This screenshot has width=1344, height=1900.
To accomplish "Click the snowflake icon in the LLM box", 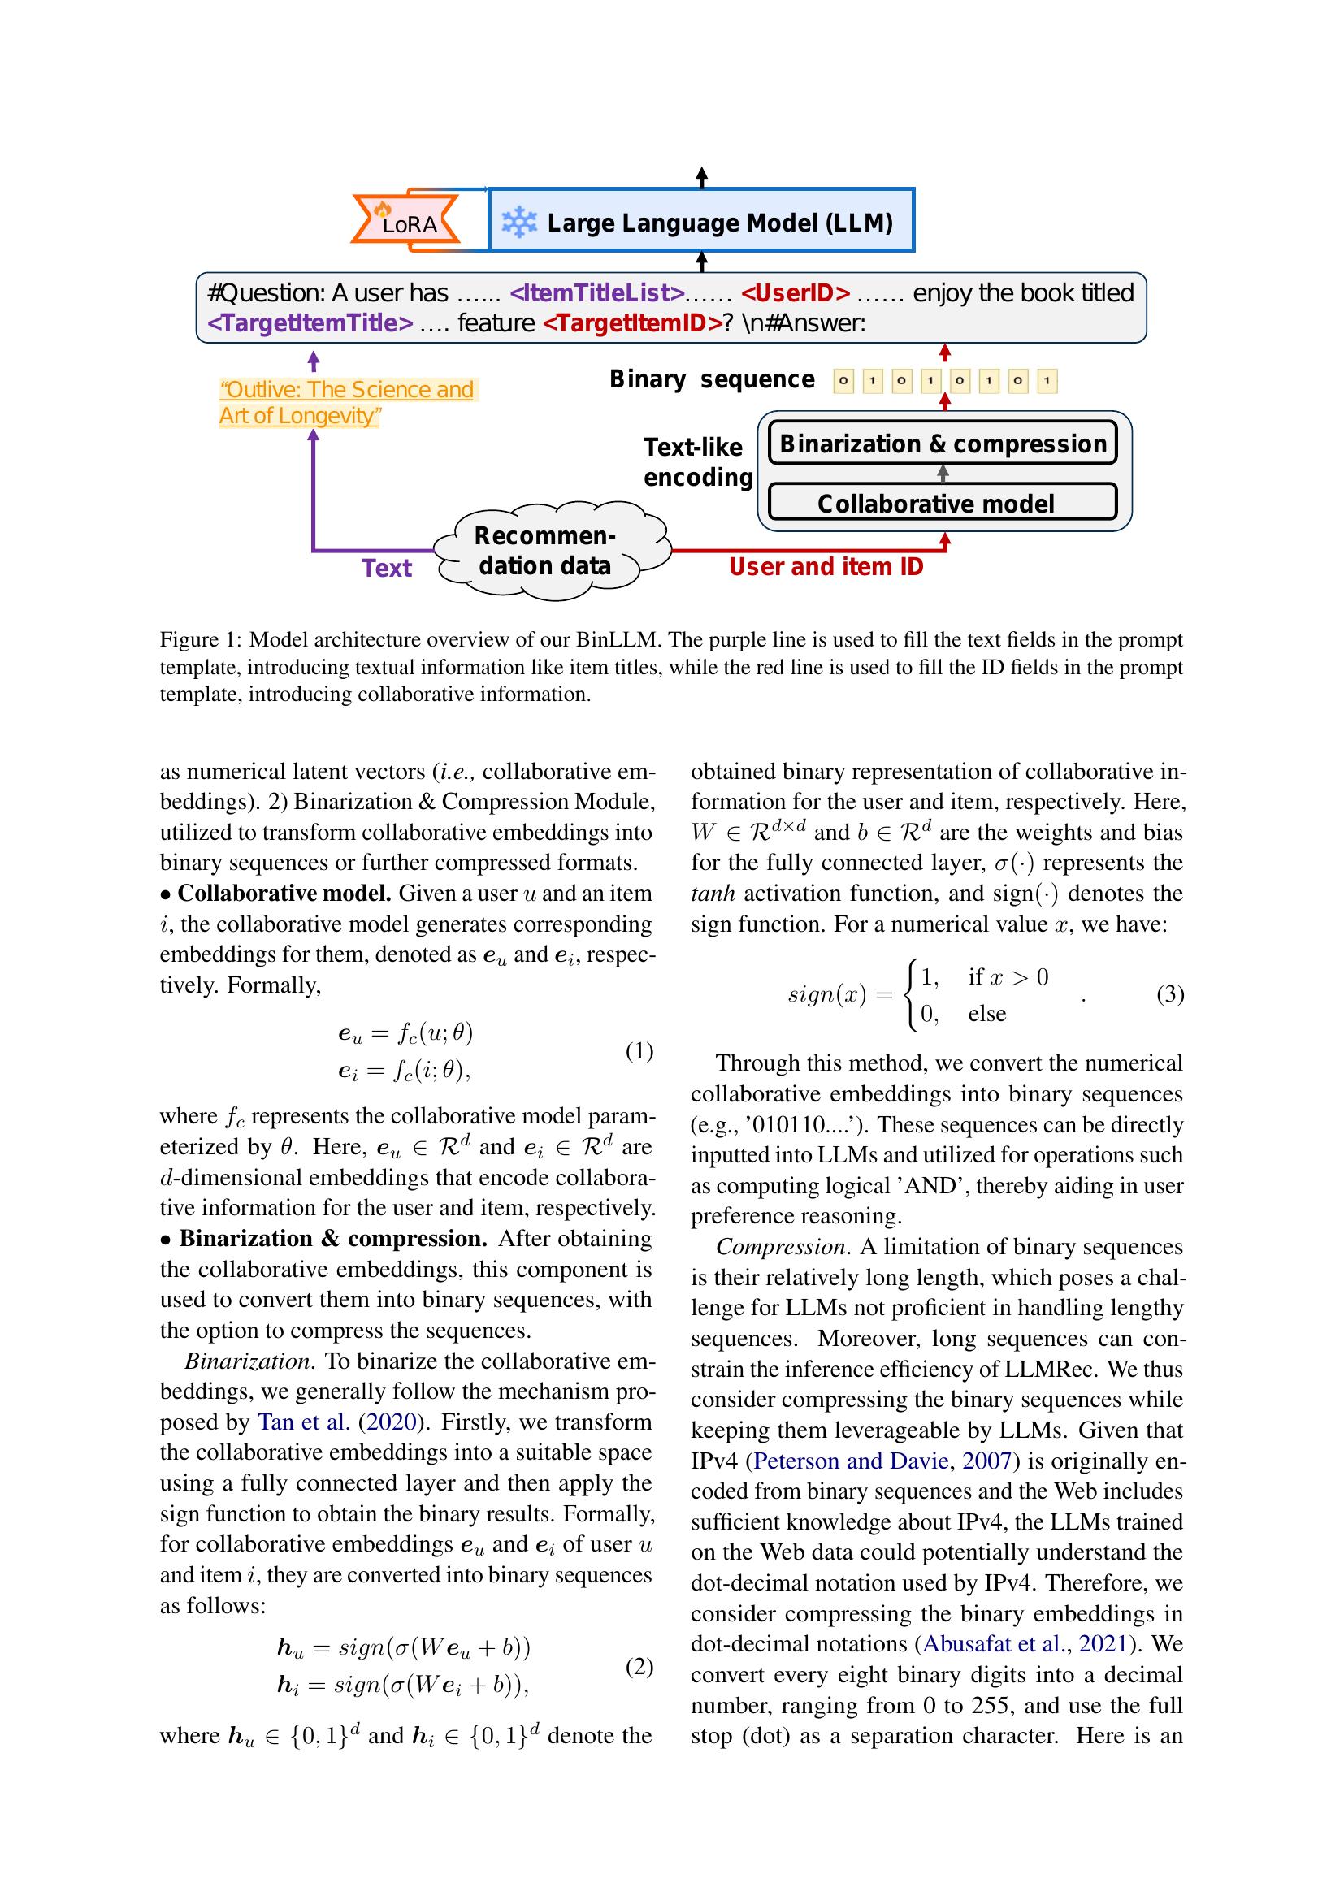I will pos(519,223).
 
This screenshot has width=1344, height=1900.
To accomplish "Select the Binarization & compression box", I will pos(943,444).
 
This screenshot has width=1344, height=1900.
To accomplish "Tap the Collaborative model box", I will pos(943,503).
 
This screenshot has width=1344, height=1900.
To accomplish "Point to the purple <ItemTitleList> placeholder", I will pos(596,293).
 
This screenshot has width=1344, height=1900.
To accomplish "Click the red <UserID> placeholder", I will pos(795,293).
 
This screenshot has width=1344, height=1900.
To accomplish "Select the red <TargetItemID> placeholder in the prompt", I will pos(632,322).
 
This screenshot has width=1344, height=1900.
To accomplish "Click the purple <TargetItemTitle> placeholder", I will pos(310,322).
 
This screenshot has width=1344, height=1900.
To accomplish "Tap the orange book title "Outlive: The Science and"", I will pos(347,389).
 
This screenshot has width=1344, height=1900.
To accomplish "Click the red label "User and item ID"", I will pos(825,567).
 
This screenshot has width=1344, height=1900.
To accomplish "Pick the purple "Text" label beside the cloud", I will pos(386,568).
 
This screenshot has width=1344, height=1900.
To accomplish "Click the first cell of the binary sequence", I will pos(843,382).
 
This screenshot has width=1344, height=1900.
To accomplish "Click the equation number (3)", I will pos(1169,993).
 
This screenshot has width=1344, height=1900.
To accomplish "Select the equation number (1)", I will pos(639,1051).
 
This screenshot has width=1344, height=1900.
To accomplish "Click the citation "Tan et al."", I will pos(303,1422).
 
